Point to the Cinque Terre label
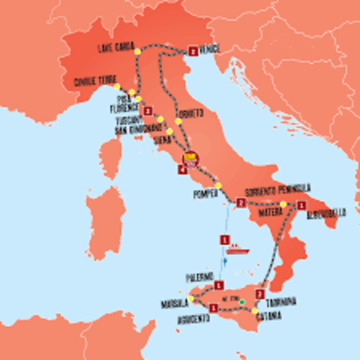pyautogui.click(x=93, y=83)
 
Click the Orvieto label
pyautogui.click(x=190, y=114)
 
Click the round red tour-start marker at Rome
pyautogui.click(x=190, y=158)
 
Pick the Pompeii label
pyautogui.click(x=205, y=193)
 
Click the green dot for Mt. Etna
pyautogui.click(x=242, y=302)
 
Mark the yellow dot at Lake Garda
pyautogui.click(x=137, y=51)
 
